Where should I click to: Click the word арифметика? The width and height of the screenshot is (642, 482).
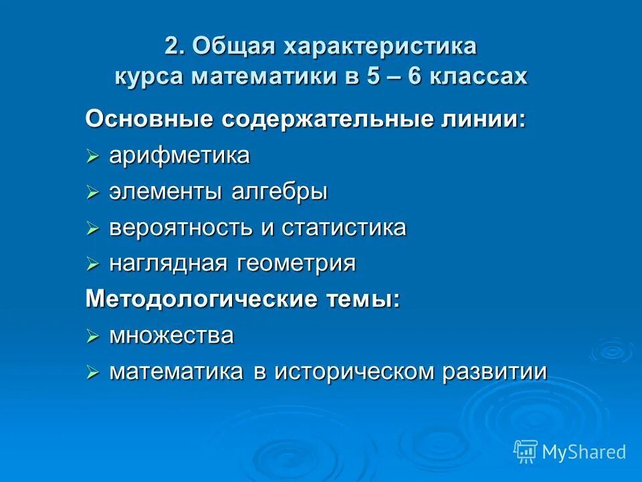pos(179,156)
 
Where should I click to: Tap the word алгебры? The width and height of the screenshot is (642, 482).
pos(280,192)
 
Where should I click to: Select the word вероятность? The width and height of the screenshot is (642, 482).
pos(181,228)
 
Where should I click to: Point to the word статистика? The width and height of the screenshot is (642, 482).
pos(344,228)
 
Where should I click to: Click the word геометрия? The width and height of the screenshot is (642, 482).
pos(296,264)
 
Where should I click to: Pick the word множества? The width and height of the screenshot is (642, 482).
pos(171,335)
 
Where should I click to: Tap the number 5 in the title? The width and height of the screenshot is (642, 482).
pos(390,76)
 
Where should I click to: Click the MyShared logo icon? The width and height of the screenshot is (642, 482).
pos(526,452)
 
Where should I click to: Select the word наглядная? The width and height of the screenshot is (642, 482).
pos(170,264)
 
